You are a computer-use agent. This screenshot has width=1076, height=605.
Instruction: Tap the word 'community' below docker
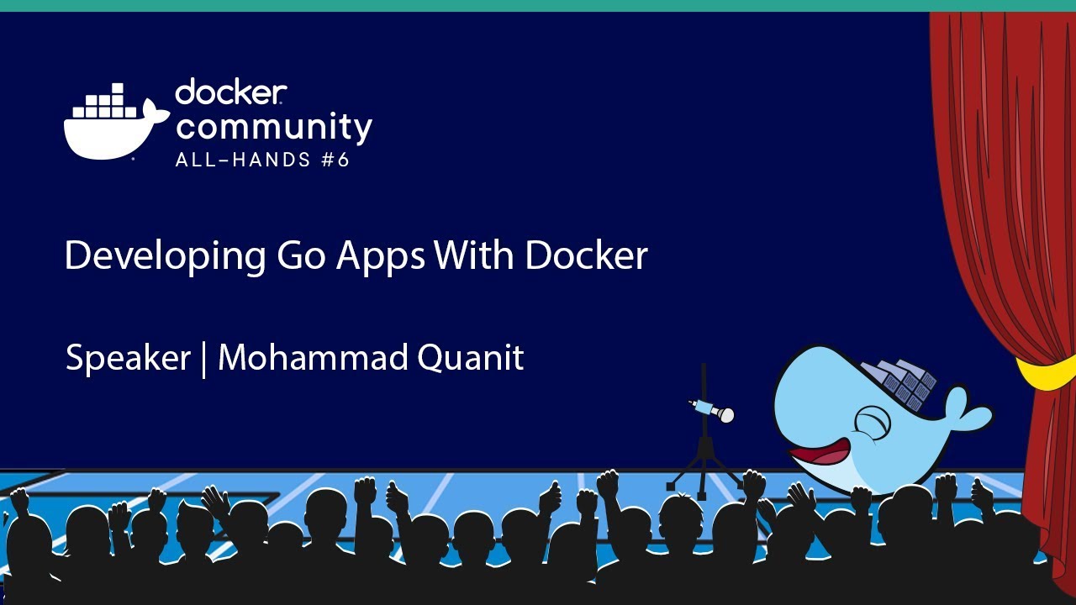[x=273, y=128]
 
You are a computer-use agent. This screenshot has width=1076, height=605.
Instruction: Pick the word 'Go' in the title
[x=303, y=256]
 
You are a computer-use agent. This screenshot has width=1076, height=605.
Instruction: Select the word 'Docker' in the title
[x=586, y=255]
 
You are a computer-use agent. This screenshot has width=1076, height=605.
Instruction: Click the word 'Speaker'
[x=128, y=359]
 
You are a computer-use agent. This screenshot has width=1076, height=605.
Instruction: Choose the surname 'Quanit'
[x=470, y=358]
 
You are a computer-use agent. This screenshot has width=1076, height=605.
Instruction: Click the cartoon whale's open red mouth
[x=819, y=455]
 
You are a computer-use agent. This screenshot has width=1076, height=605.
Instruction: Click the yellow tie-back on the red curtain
[x=1047, y=375]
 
